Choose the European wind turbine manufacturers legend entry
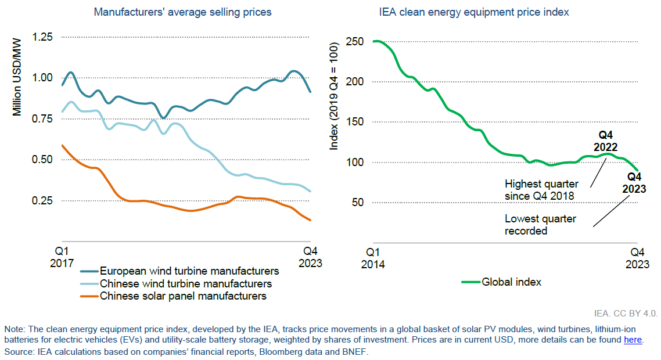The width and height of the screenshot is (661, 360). [x=189, y=271]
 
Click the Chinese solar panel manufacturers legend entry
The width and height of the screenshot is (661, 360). [x=183, y=296]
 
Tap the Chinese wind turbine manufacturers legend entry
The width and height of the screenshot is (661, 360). [x=186, y=284]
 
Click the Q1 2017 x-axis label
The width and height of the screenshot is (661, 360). [x=62, y=257]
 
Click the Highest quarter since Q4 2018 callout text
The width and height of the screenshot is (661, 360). [x=540, y=190]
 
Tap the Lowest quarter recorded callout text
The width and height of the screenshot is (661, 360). [x=540, y=225]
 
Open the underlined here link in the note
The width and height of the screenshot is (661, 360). [x=633, y=340]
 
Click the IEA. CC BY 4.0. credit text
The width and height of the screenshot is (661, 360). [x=626, y=314]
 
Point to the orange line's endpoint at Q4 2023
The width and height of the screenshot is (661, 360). [x=311, y=220]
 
